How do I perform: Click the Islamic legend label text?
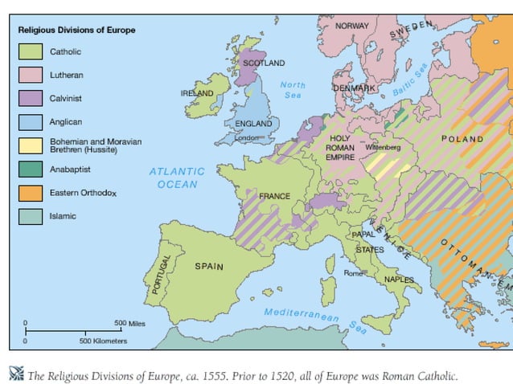point(63,216)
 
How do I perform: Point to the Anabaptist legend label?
point(72,170)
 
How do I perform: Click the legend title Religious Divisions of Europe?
point(76,30)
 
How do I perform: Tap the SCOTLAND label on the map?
point(264,63)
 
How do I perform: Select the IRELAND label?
point(197,93)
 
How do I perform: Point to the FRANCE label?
point(274,196)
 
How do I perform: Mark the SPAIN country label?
point(209,265)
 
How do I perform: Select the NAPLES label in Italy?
point(399,280)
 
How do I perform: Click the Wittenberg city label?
point(383,148)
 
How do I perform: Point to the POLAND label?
point(462,139)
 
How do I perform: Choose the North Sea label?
point(293,90)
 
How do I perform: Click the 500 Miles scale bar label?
point(128,323)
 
